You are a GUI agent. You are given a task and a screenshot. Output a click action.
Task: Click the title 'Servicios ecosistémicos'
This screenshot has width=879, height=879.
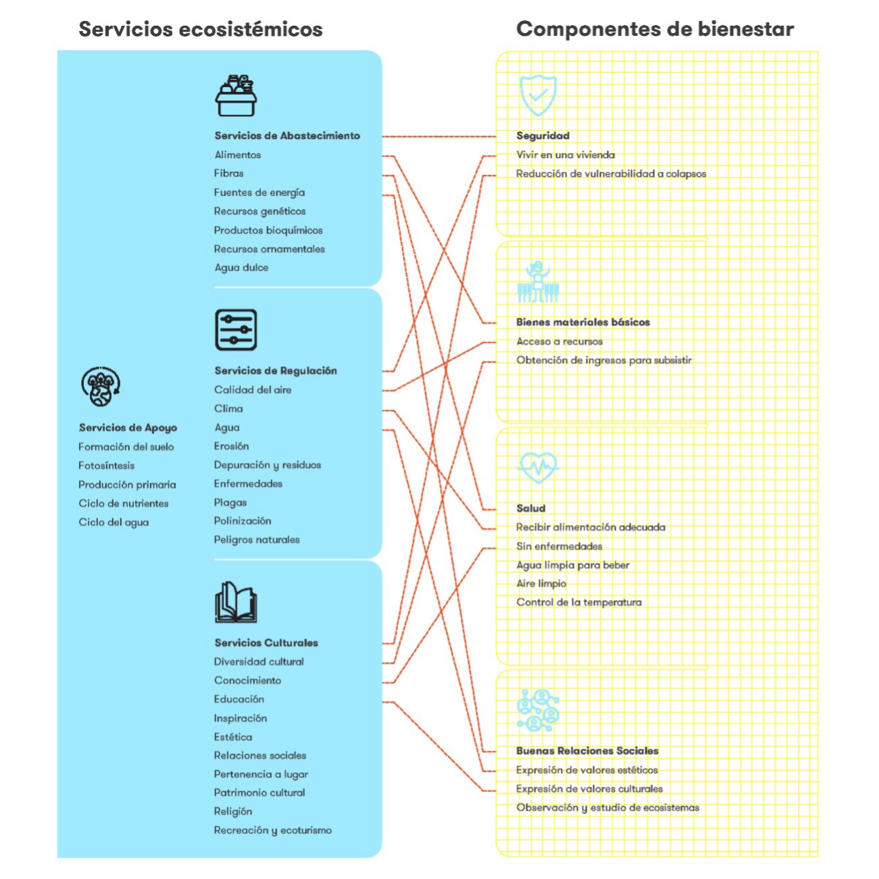[201, 30]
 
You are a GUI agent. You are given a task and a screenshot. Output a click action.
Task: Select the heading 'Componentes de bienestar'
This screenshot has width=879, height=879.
[655, 29]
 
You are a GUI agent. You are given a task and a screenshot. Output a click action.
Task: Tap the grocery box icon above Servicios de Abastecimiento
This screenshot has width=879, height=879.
[236, 95]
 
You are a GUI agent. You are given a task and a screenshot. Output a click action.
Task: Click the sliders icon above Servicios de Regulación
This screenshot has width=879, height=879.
[236, 330]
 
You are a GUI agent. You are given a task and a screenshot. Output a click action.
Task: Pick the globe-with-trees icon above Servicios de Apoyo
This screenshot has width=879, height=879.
[101, 386]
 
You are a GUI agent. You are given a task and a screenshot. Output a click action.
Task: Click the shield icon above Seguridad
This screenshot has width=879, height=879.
[538, 95]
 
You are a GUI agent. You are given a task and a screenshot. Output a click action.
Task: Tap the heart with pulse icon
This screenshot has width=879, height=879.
[538, 468]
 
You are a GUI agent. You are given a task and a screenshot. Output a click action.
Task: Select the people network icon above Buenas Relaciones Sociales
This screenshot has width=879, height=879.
[538, 710]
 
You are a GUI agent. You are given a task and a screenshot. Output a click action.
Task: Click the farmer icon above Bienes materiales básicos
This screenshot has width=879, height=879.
[538, 282]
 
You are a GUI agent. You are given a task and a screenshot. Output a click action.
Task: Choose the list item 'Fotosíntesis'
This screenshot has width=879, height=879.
[107, 466]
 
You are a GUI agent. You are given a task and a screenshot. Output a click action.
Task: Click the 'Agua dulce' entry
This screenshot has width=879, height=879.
[241, 268]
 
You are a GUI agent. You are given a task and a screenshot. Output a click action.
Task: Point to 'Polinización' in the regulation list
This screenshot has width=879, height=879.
[243, 521]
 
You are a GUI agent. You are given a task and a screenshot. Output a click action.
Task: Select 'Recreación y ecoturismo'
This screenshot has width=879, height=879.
[273, 830]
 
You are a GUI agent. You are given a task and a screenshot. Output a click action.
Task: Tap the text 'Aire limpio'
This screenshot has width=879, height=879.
[541, 584]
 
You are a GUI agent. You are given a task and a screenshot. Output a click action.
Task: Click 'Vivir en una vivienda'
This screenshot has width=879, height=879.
[566, 155]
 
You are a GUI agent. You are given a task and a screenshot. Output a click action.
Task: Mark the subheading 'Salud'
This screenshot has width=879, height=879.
[531, 509]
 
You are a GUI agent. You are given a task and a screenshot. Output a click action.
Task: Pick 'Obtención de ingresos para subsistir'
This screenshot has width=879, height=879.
[604, 360]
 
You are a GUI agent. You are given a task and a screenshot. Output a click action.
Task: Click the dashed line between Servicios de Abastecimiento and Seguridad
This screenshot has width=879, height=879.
[438, 136]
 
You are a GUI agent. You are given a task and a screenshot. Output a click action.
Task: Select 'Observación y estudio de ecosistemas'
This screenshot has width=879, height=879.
[607, 808]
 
